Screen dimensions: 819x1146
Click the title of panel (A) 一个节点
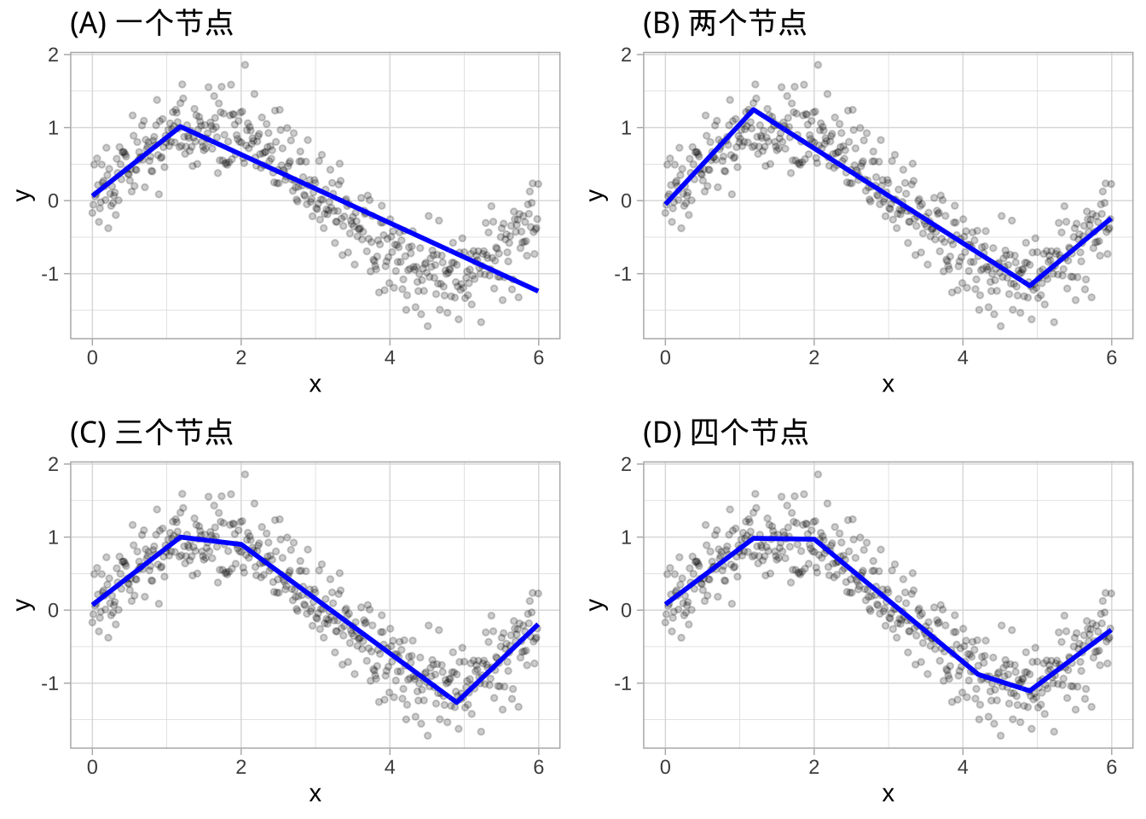(152, 23)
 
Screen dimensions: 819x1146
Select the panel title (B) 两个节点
(725, 23)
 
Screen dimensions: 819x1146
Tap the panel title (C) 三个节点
(152, 433)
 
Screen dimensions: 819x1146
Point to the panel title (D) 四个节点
(725, 433)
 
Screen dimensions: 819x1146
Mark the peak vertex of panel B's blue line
(753, 109)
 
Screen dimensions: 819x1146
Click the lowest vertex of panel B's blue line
(1030, 286)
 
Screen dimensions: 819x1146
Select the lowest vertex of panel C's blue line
(457, 702)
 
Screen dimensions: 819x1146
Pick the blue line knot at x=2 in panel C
(241, 544)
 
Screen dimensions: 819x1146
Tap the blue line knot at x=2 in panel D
(814, 538)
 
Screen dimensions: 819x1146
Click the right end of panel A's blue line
(538, 291)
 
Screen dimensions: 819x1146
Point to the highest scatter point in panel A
(245, 64)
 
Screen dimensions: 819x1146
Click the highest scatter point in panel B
(818, 64)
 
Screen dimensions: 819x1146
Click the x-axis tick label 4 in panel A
(390, 358)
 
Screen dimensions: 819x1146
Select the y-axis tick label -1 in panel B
(626, 275)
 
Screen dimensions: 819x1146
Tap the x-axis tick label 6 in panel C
(538, 768)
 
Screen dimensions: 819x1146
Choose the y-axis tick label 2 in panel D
(627, 464)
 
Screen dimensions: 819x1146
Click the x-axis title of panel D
(888, 794)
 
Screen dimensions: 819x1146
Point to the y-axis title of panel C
(25, 605)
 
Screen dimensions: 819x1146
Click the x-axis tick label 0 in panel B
(665, 358)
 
